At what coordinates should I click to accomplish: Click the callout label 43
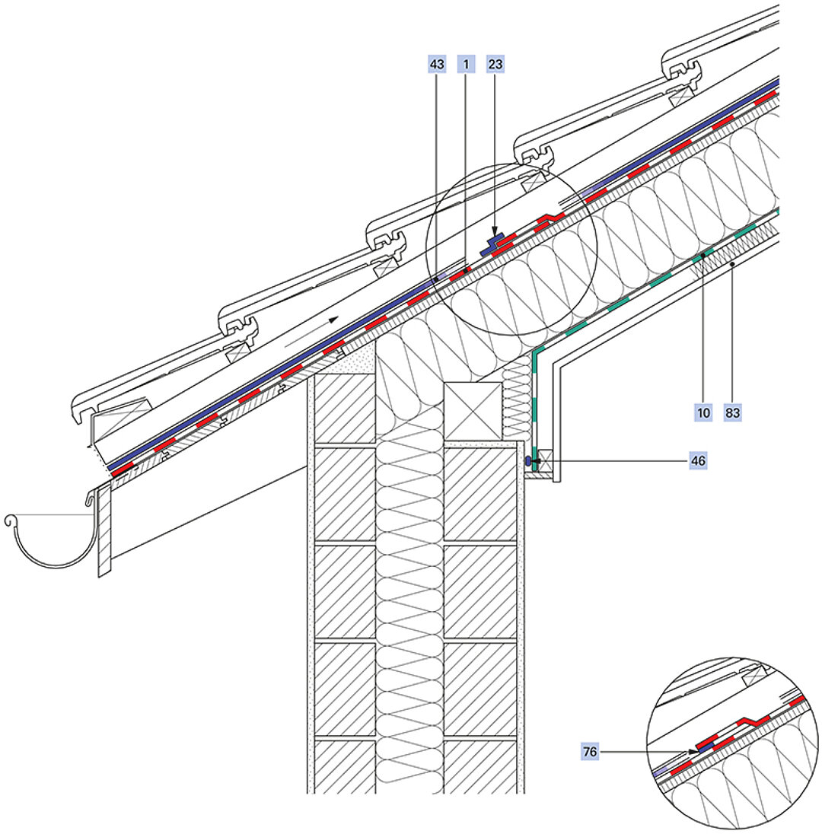(x=436, y=65)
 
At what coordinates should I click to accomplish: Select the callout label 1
(x=466, y=65)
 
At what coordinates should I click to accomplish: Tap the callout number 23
(x=495, y=65)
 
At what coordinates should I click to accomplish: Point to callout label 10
(x=703, y=412)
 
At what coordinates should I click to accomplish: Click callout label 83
(x=733, y=412)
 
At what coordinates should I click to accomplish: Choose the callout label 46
(x=698, y=460)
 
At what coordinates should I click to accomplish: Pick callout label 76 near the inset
(x=590, y=752)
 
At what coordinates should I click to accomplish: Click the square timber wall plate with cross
(x=473, y=411)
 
